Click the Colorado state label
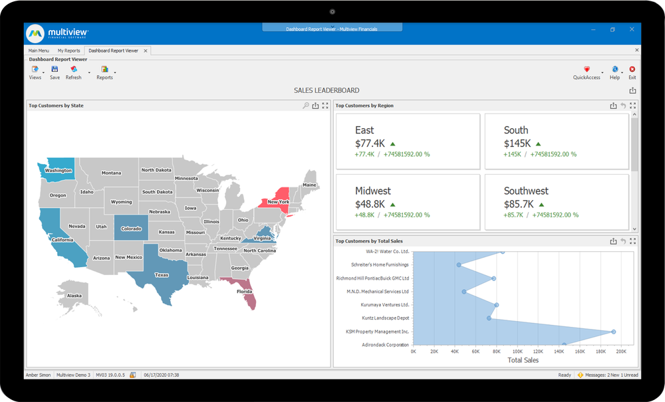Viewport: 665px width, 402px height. coord(131,229)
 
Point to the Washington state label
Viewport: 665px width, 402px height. coord(58,171)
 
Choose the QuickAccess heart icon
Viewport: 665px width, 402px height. coord(587,69)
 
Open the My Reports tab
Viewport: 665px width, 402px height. coord(68,50)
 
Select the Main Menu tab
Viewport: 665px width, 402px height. coord(39,50)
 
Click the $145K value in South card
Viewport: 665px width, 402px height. coord(517,143)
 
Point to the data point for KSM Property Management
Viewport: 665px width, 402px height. coord(613,332)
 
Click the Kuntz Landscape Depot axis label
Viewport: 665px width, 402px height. coord(386,318)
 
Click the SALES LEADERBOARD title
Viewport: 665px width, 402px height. coord(327,90)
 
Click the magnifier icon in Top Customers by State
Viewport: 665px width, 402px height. coord(306,106)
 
